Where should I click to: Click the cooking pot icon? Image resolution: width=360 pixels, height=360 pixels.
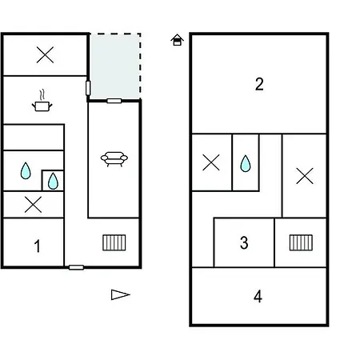(x=42, y=102)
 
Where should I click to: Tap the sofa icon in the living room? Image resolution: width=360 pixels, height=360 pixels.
(x=114, y=159)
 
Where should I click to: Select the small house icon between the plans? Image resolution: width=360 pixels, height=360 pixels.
(x=177, y=40)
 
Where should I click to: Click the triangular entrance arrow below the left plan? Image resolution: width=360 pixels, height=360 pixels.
(x=120, y=294)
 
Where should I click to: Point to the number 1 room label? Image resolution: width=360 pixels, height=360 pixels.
(x=38, y=246)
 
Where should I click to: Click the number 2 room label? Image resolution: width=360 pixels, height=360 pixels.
(x=259, y=84)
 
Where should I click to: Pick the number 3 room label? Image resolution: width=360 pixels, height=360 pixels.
(x=244, y=242)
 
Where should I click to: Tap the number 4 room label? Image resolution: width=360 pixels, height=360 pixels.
(x=258, y=296)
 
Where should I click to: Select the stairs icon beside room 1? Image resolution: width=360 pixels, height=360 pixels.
(x=114, y=242)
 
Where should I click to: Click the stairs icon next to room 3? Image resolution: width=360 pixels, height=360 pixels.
(x=301, y=242)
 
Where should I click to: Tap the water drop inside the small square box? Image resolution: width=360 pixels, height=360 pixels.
(x=53, y=181)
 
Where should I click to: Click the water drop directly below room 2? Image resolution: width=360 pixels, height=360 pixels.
(x=246, y=163)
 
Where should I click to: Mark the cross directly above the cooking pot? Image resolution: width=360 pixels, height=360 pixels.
(x=45, y=55)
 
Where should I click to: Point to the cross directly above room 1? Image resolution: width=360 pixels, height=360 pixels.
(x=33, y=205)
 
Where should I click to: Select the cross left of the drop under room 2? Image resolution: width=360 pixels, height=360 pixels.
(x=211, y=162)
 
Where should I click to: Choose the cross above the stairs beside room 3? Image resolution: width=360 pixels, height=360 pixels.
(x=305, y=176)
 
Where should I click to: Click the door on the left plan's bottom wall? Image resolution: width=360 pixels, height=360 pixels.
(x=76, y=267)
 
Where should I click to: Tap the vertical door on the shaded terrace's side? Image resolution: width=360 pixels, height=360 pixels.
(x=88, y=88)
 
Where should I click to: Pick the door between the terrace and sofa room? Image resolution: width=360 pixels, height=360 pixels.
(x=114, y=101)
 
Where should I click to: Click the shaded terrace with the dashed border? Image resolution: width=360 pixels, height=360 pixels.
(x=115, y=66)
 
